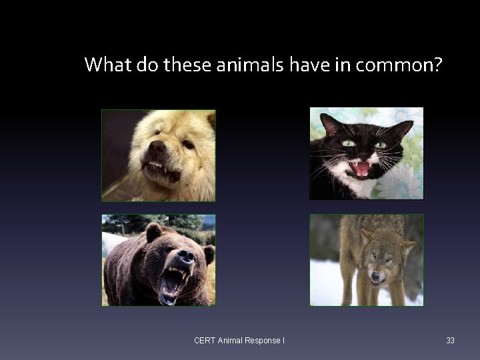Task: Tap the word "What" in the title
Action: point(105,65)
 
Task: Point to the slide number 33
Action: point(450,341)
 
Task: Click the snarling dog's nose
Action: point(157,146)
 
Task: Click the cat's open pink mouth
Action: point(361,168)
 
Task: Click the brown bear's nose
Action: point(186,256)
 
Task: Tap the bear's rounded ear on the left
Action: point(153,231)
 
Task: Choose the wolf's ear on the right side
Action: point(406,247)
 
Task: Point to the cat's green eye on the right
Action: point(380,144)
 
